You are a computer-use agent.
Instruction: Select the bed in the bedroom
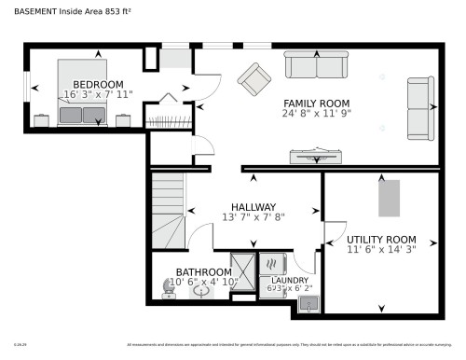pyautogui.click(x=83, y=92)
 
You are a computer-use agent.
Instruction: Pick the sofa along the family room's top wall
pyautogui.click(x=316, y=65)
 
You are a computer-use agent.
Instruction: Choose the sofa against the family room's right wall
pyautogui.click(x=420, y=108)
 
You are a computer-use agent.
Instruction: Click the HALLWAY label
pyautogui.click(x=254, y=207)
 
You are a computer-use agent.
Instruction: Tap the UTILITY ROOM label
pyautogui.click(x=381, y=239)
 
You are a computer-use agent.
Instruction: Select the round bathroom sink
pyautogui.click(x=202, y=291)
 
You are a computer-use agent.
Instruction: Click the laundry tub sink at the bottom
pyautogui.click(x=308, y=301)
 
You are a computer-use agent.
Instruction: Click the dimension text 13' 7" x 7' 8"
pyautogui.click(x=254, y=217)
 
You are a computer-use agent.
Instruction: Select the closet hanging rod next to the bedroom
pyautogui.click(x=170, y=120)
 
